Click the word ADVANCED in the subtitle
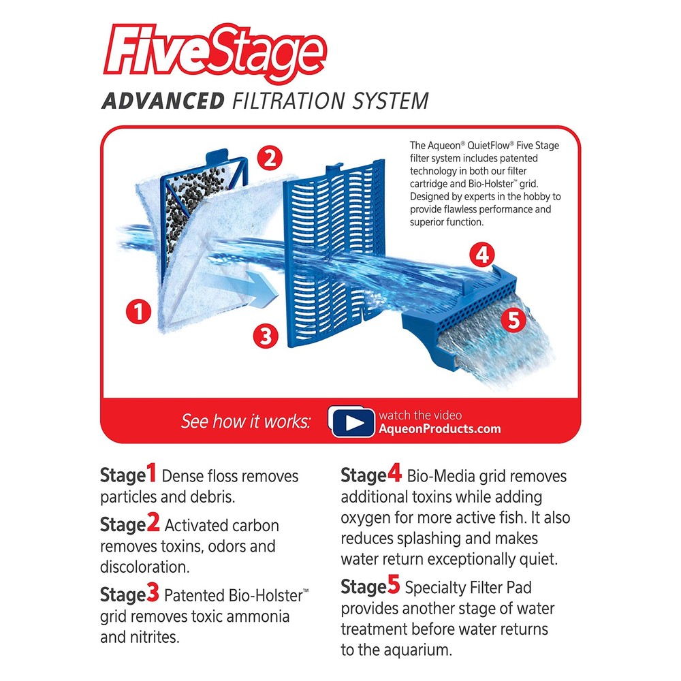pyautogui.click(x=162, y=101)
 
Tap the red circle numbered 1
pyautogui.click(x=138, y=313)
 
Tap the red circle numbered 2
pyautogui.click(x=270, y=159)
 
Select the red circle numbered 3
pyautogui.click(x=266, y=335)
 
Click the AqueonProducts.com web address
pyautogui.click(x=439, y=429)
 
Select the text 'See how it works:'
pyautogui.click(x=245, y=422)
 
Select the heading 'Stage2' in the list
pyautogui.click(x=130, y=525)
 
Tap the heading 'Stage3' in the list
pyautogui.click(x=130, y=595)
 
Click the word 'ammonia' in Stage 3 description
pyautogui.click(x=262, y=616)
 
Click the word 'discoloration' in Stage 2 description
pyautogui.click(x=144, y=567)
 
